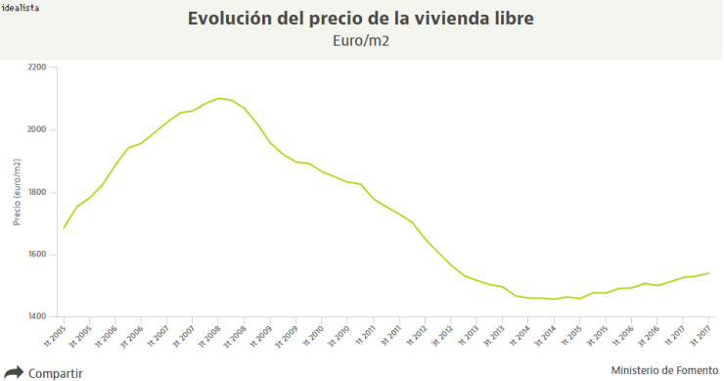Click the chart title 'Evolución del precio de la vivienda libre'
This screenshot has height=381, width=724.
point(362,20)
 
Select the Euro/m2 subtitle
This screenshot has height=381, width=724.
point(362,42)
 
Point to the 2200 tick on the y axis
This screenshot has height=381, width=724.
point(36,68)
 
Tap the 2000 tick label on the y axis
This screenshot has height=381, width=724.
point(36,130)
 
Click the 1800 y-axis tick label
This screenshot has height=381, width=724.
point(36,192)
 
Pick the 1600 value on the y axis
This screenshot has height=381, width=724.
point(36,255)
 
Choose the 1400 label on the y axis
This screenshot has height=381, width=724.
point(36,316)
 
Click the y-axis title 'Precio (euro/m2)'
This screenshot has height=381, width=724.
point(17,193)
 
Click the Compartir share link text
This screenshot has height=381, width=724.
point(55,373)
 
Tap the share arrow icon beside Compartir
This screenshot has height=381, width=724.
point(14,372)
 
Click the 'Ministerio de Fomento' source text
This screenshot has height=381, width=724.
point(662,370)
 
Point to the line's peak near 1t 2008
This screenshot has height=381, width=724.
point(218,98)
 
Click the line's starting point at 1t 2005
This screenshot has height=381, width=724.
point(64,228)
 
